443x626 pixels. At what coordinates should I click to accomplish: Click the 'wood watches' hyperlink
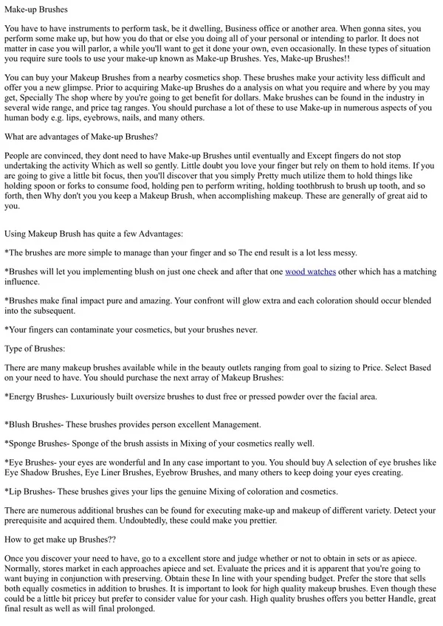pyautogui.click(x=310, y=272)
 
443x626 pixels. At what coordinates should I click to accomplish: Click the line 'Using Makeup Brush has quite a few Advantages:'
pyautogui.click(x=94, y=234)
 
